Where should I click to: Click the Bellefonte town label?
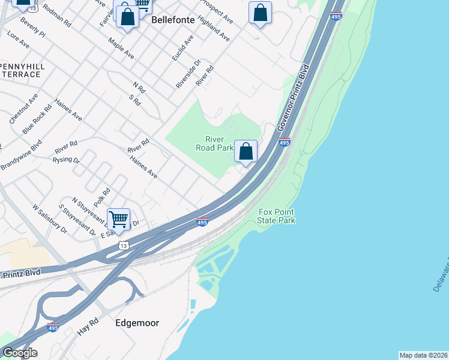click(x=173, y=20)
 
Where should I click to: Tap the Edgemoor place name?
click(x=137, y=323)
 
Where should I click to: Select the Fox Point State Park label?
click(x=276, y=216)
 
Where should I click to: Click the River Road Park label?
click(x=214, y=143)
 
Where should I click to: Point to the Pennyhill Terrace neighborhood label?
click(x=20, y=70)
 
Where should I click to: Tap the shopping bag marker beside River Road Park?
click(x=246, y=152)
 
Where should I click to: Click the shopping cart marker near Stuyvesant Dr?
click(x=119, y=219)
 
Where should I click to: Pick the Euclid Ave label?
click(x=182, y=47)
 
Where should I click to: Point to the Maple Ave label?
click(x=121, y=48)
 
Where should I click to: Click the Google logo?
click(x=20, y=353)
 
